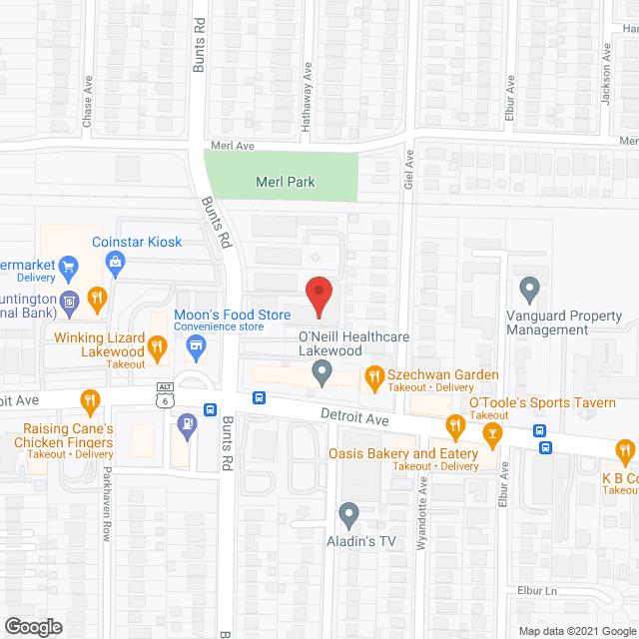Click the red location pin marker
[x=319, y=297]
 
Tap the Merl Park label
[x=286, y=182]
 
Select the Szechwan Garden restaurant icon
[x=375, y=375]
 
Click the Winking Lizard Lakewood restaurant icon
[x=157, y=348]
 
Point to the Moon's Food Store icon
[x=197, y=348]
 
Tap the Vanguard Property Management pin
[x=530, y=290]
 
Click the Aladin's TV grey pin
[x=348, y=515]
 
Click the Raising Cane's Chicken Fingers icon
[x=90, y=402]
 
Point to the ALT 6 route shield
[x=165, y=393]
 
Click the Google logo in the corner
[x=33, y=626]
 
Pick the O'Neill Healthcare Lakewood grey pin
[x=321, y=374]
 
